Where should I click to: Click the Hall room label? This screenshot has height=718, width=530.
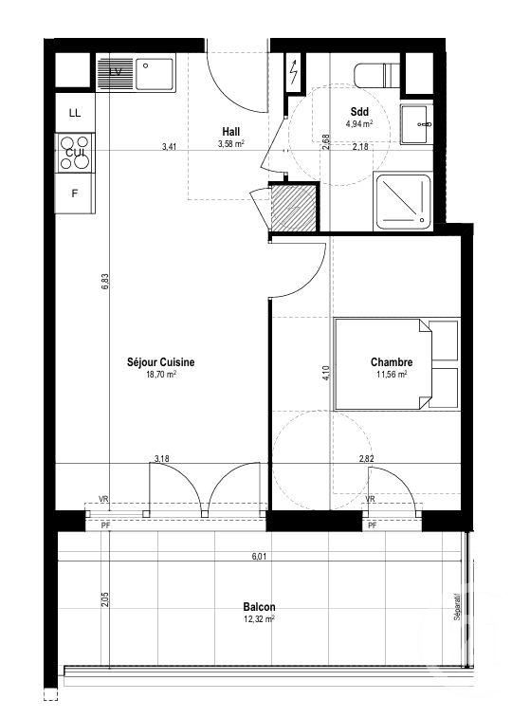(230, 132)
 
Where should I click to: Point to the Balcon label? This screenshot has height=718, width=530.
(257, 606)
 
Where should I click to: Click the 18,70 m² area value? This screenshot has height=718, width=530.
(160, 375)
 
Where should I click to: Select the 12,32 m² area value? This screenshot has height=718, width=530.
(257, 619)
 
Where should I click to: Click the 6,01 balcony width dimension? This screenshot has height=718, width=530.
(258, 557)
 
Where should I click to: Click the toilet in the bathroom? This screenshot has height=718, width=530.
(376, 74)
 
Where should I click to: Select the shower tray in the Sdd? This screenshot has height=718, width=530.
(405, 201)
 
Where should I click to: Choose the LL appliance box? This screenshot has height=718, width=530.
(75, 113)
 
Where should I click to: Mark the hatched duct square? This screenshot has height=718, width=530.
(292, 206)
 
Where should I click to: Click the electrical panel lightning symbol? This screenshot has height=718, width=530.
(294, 72)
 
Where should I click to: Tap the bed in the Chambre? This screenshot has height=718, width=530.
(395, 363)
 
